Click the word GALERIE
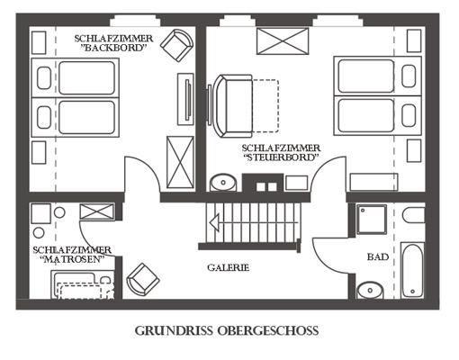pos(228,267)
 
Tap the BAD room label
pos(378,256)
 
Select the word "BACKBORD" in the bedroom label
pos(115,48)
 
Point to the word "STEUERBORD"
pos(281,157)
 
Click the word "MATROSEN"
pos(72,259)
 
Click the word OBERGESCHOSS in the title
pos(268,330)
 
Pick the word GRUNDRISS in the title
pos(174,330)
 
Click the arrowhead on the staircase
pos(214,222)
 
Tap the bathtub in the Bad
pos(413,270)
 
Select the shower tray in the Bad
pos(372,220)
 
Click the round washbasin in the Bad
pos(370,290)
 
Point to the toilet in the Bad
pos(414,215)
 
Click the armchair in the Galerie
pos(143,279)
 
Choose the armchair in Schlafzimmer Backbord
pos(176,45)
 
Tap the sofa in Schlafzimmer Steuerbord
pos(232,106)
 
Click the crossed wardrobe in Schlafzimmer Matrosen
pos(97,211)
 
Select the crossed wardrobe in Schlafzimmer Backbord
pos(180,162)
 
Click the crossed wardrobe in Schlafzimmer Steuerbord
pos(283,41)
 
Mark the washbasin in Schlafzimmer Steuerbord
pos(223,182)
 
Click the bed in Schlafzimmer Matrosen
pos(83,284)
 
